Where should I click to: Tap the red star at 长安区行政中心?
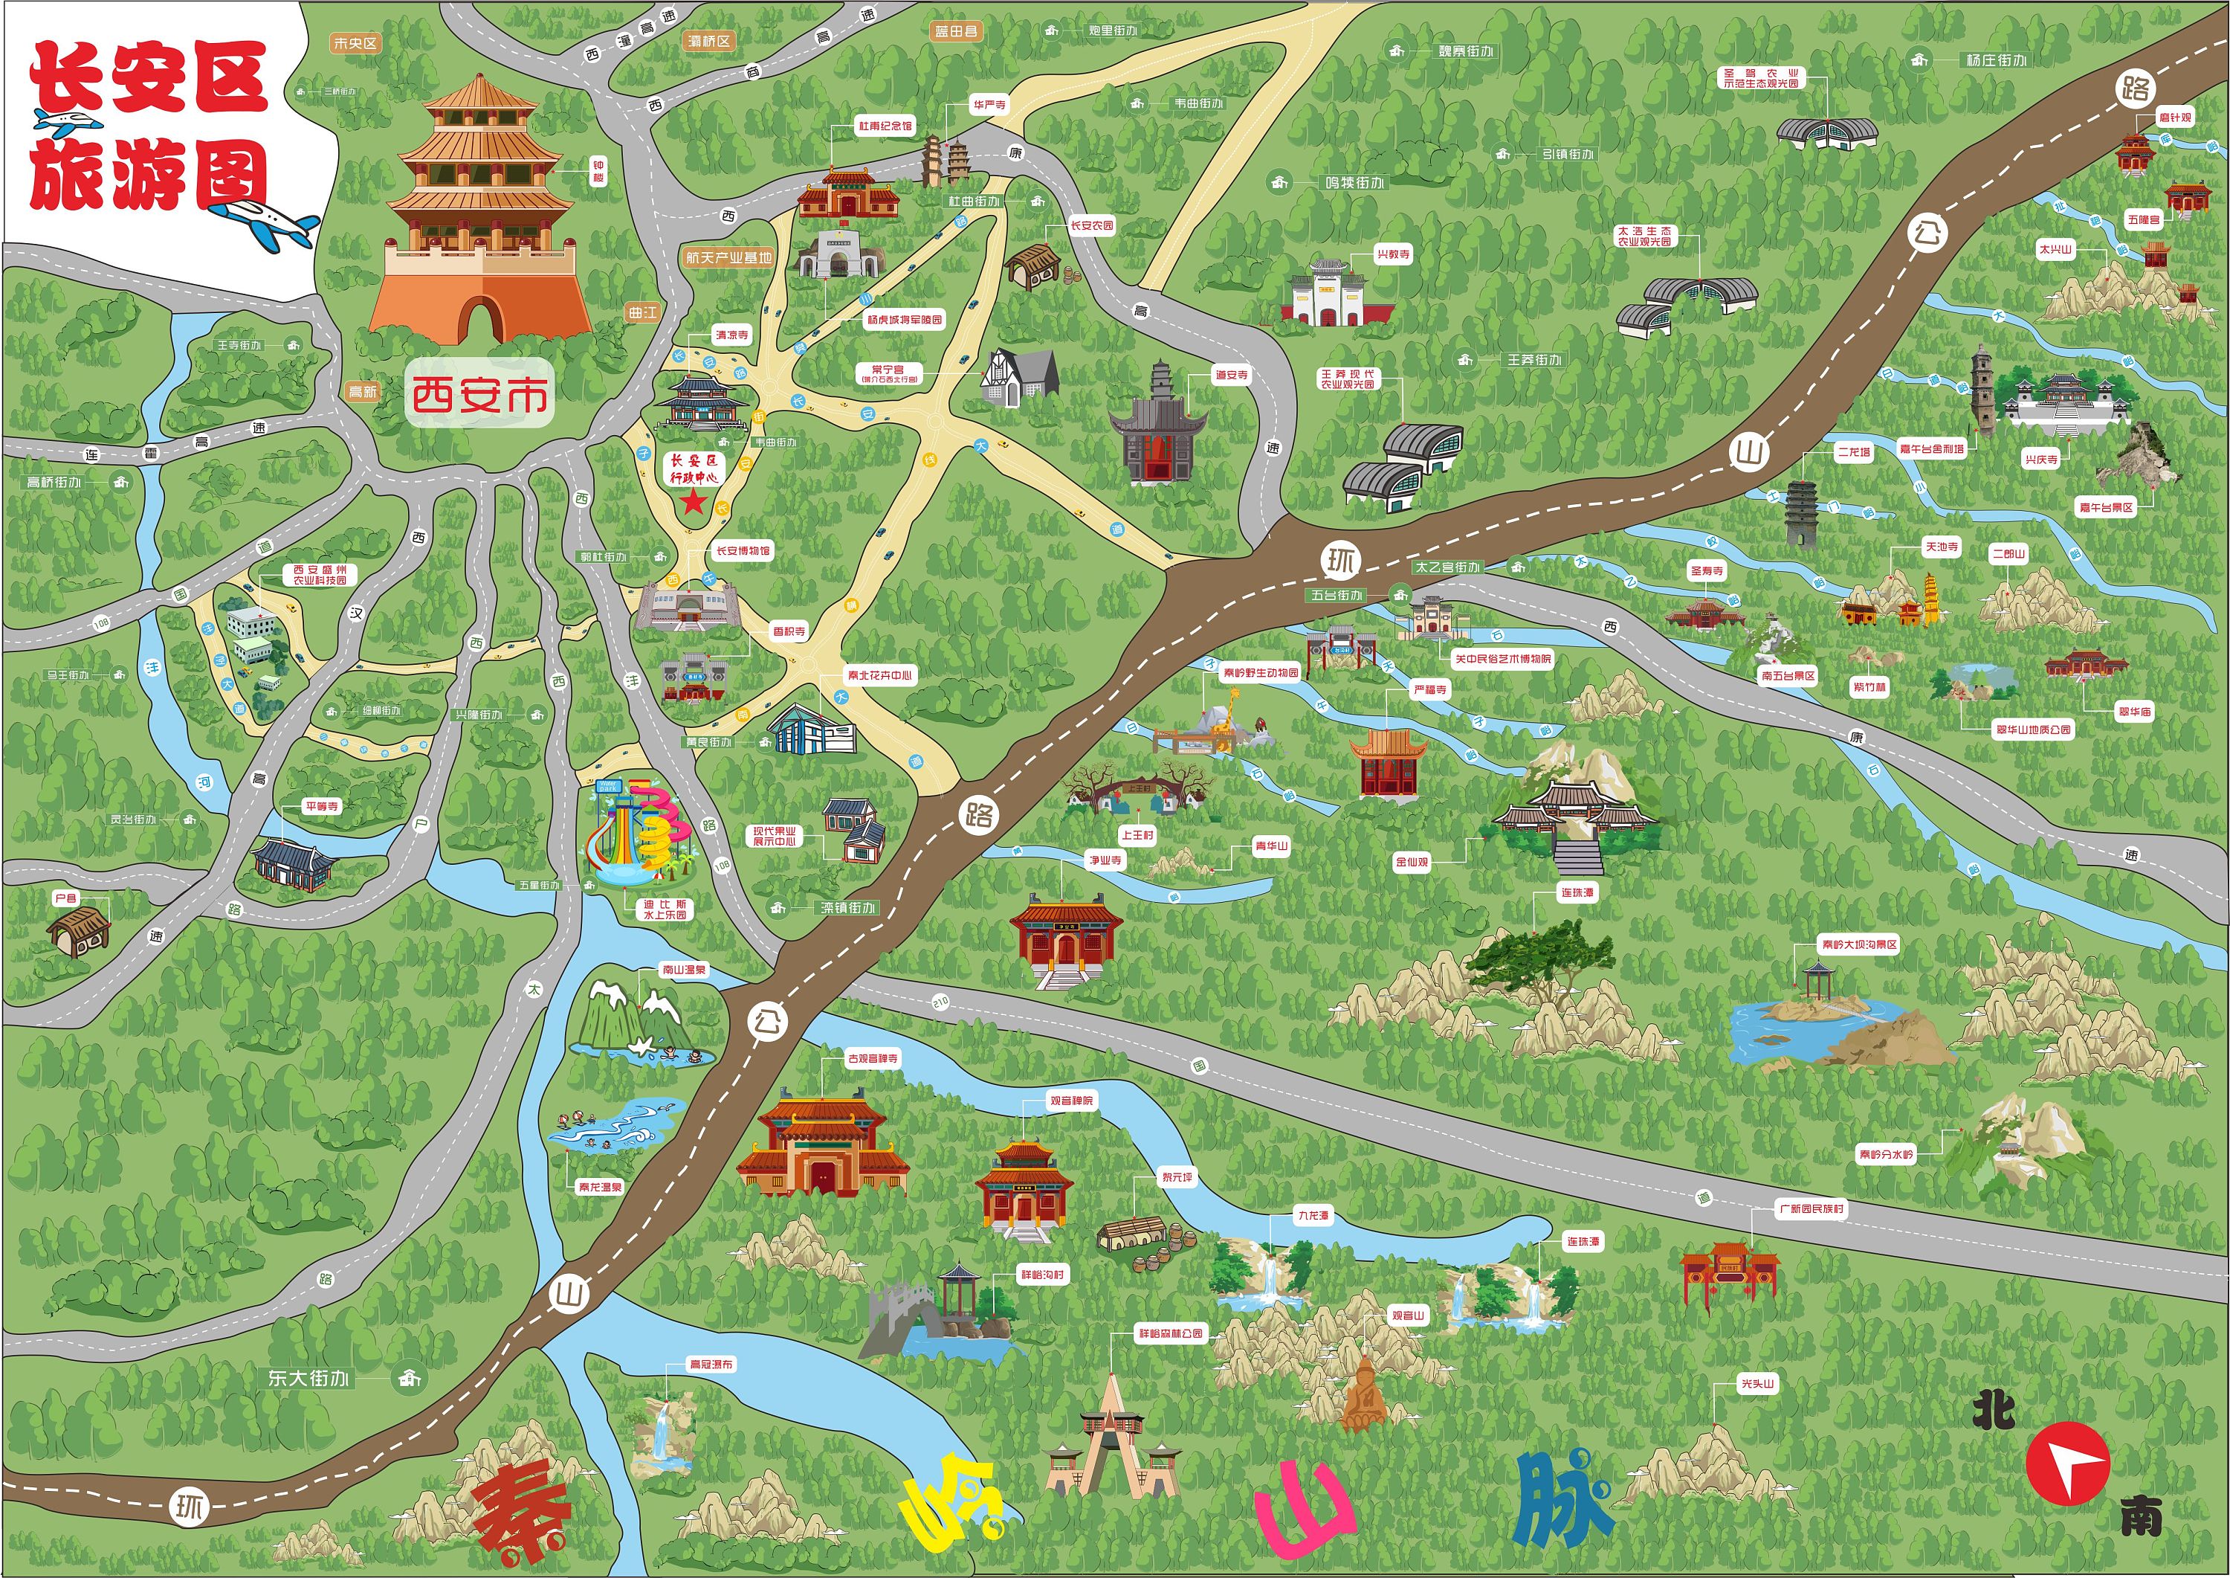point(693,501)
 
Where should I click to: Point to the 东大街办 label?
point(308,1378)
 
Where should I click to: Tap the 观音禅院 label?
point(1071,1101)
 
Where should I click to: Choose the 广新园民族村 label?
point(1811,1208)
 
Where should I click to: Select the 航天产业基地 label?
point(728,257)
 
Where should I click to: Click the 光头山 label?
point(1757,1384)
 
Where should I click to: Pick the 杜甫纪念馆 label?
point(884,126)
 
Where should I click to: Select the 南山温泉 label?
point(684,970)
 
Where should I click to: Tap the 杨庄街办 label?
point(1996,60)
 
